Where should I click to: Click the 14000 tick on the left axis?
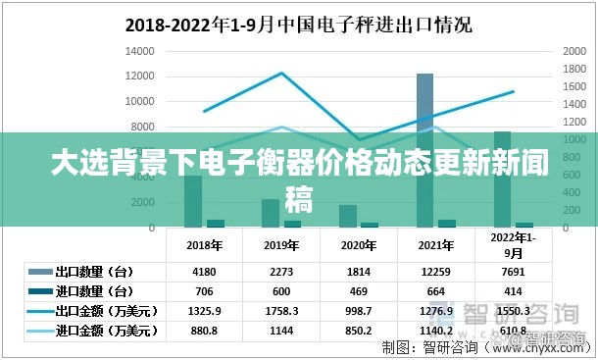(x=141, y=50)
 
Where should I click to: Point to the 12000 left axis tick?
(x=141, y=76)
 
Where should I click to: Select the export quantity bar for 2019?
(x=270, y=212)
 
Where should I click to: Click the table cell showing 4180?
(x=204, y=272)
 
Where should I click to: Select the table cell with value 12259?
(x=435, y=272)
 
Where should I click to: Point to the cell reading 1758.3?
(x=281, y=311)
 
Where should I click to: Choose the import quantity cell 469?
(x=359, y=291)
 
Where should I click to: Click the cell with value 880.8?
(x=204, y=331)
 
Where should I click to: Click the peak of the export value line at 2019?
(x=281, y=73)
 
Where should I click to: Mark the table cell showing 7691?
(x=514, y=272)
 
